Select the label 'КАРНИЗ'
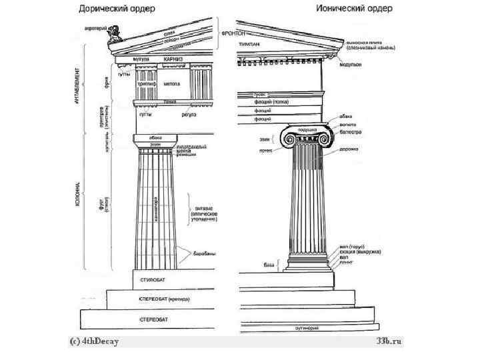point(174,59)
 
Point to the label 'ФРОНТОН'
point(233,33)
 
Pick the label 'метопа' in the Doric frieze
point(172,85)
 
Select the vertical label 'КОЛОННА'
point(79,193)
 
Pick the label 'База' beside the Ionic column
point(269,265)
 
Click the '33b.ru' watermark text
point(389,341)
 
